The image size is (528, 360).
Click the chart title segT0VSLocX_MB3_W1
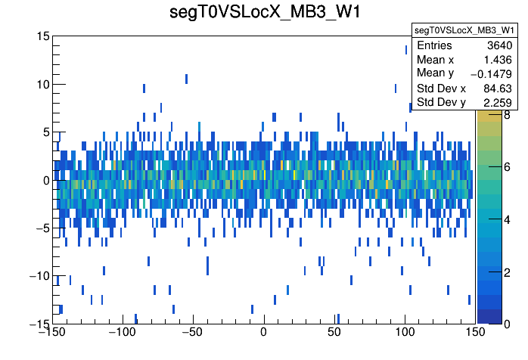(x=263, y=13)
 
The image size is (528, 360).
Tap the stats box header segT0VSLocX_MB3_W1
(x=464, y=30)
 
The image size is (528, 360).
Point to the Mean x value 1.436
(x=499, y=59)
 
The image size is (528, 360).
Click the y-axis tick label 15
(x=42, y=36)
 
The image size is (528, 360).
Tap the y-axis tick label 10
(x=42, y=84)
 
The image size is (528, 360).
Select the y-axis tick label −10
(x=39, y=276)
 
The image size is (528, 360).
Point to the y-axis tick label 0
(x=46, y=180)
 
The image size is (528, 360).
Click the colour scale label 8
(x=485, y=116)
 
